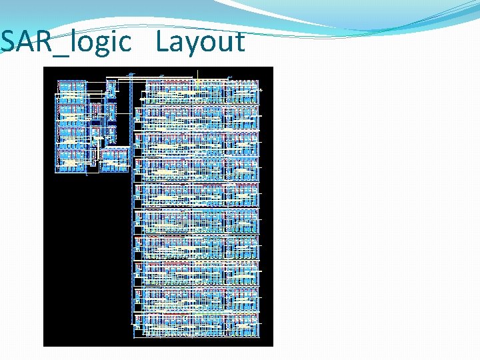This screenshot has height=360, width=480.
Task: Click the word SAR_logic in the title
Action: pos(67,42)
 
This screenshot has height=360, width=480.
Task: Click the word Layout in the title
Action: pos(201,42)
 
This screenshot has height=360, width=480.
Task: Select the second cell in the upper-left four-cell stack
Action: pos(72,115)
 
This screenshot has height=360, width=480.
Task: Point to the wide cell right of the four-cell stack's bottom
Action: pos(113,160)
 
